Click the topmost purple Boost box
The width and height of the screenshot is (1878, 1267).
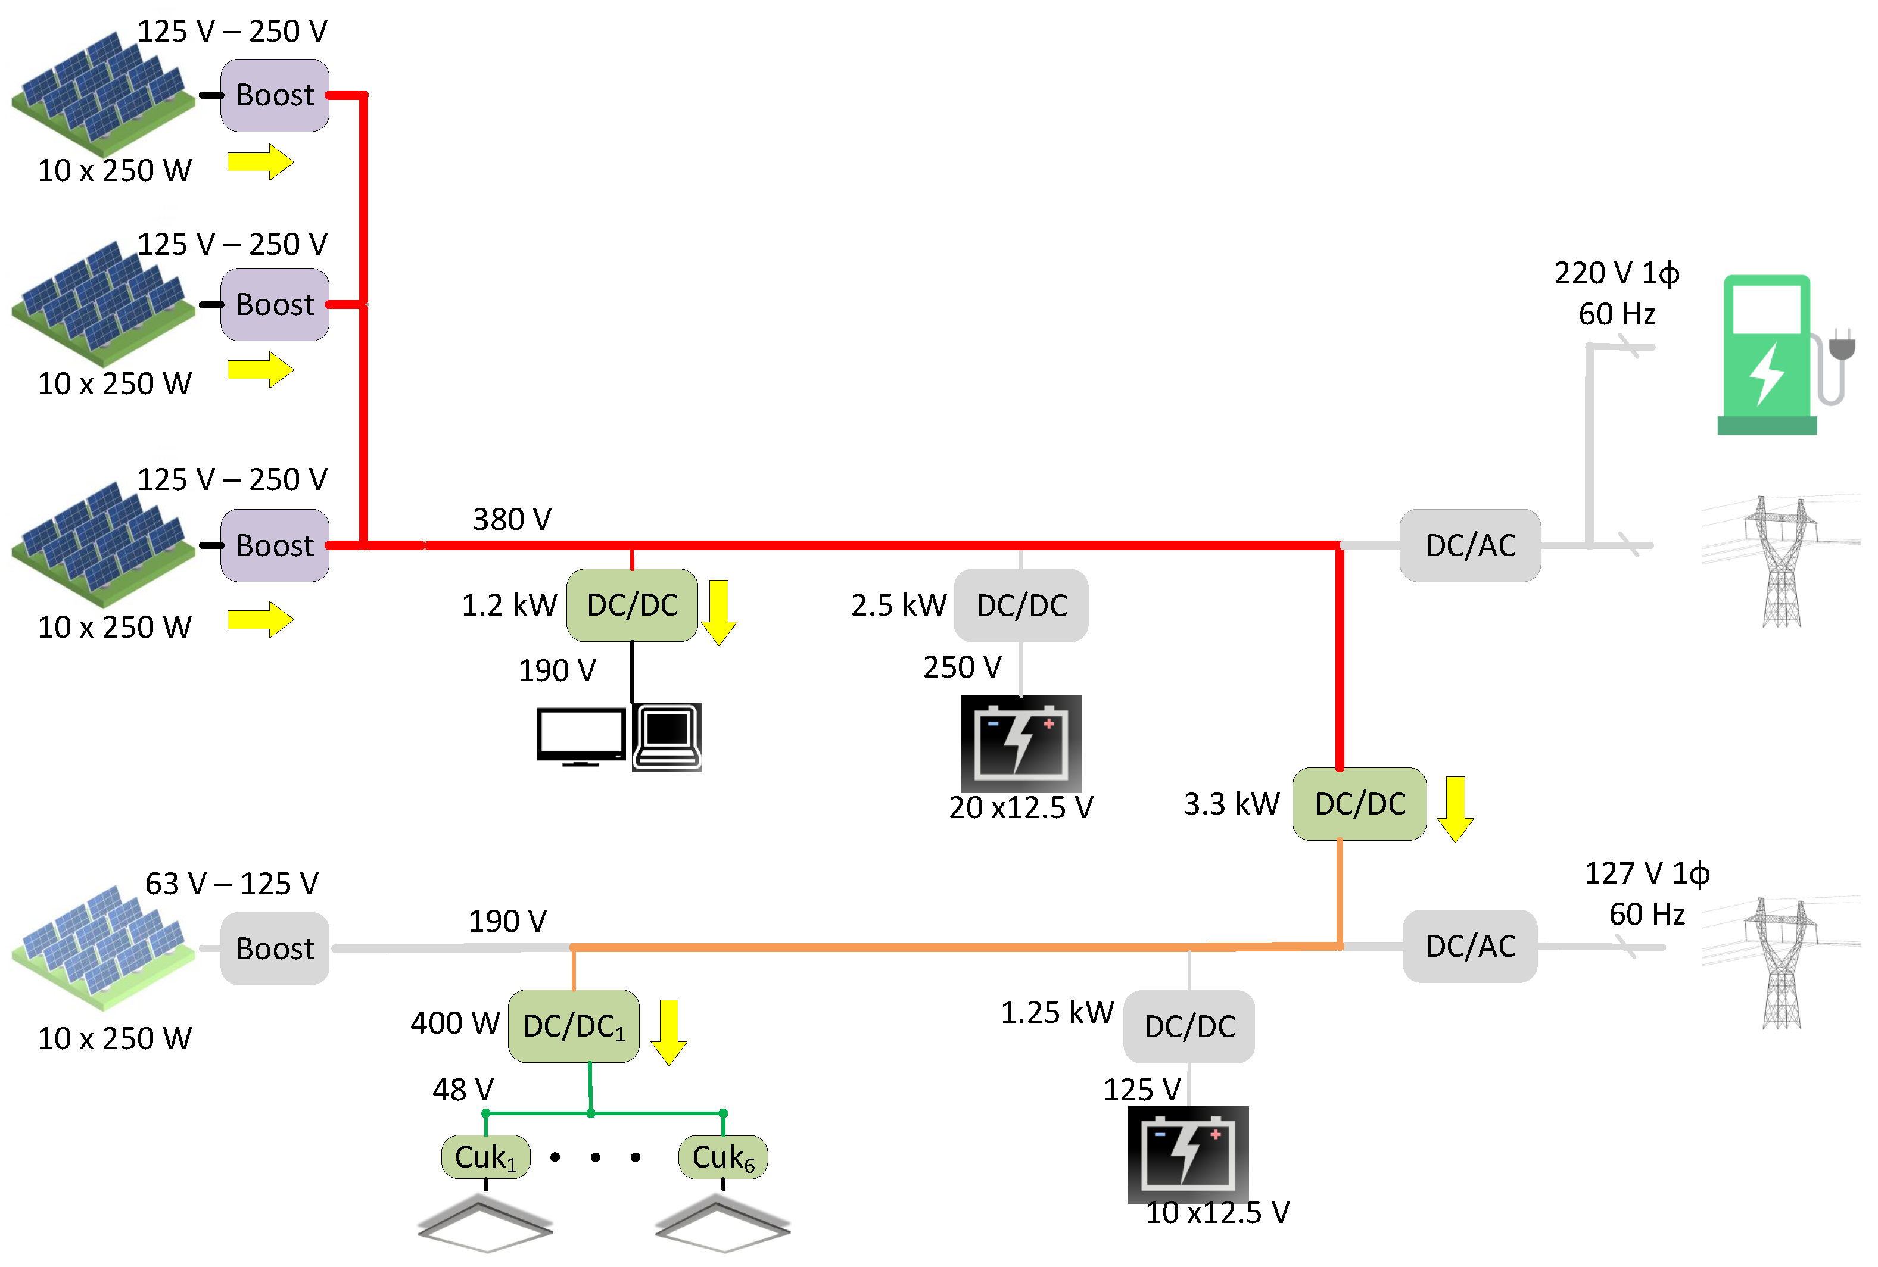275,95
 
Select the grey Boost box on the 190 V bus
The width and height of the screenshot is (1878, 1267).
275,948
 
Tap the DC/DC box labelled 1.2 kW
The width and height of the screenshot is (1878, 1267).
632,605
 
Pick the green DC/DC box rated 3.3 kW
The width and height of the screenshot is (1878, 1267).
1360,804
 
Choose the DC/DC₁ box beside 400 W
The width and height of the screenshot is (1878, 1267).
574,1026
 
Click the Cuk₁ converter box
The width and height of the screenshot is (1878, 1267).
485,1157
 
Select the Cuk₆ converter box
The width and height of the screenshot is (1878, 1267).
723,1157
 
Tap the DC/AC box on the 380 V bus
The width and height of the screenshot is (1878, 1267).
1471,545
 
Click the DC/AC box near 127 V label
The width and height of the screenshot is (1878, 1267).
1471,946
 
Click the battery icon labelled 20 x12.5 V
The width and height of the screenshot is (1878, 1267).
1021,744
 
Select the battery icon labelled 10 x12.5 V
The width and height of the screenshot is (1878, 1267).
1188,1154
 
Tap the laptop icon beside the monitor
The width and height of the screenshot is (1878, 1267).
668,737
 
